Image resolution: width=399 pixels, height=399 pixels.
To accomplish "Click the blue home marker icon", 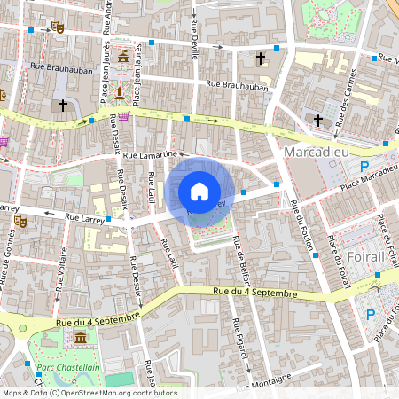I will pyautogui.click(x=199, y=191).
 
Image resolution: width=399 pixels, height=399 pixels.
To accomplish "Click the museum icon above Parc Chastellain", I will pyautogui.click(x=80, y=339).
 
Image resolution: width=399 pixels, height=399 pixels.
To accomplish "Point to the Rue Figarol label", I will pyautogui.click(x=238, y=340).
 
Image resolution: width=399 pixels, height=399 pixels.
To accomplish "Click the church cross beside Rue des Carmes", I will pyautogui.click(x=318, y=120).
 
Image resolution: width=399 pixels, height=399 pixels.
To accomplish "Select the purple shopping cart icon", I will pyautogui.click(x=123, y=115).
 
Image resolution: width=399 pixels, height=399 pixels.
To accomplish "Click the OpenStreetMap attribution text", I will pyautogui.click(x=89, y=392).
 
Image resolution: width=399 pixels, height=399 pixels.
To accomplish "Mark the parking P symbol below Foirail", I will pyautogui.click(x=372, y=313).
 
